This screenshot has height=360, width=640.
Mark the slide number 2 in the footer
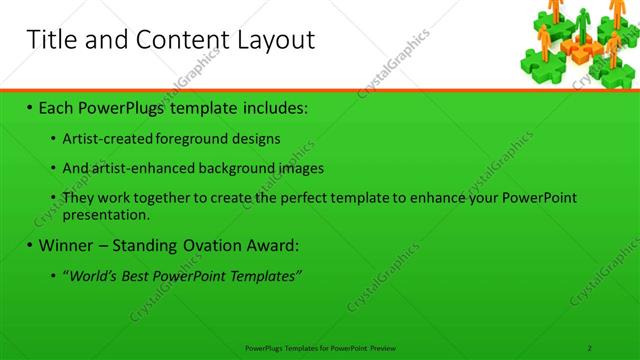pyautogui.click(x=590, y=347)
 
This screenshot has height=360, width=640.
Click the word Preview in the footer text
pyautogui.click(x=384, y=347)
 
